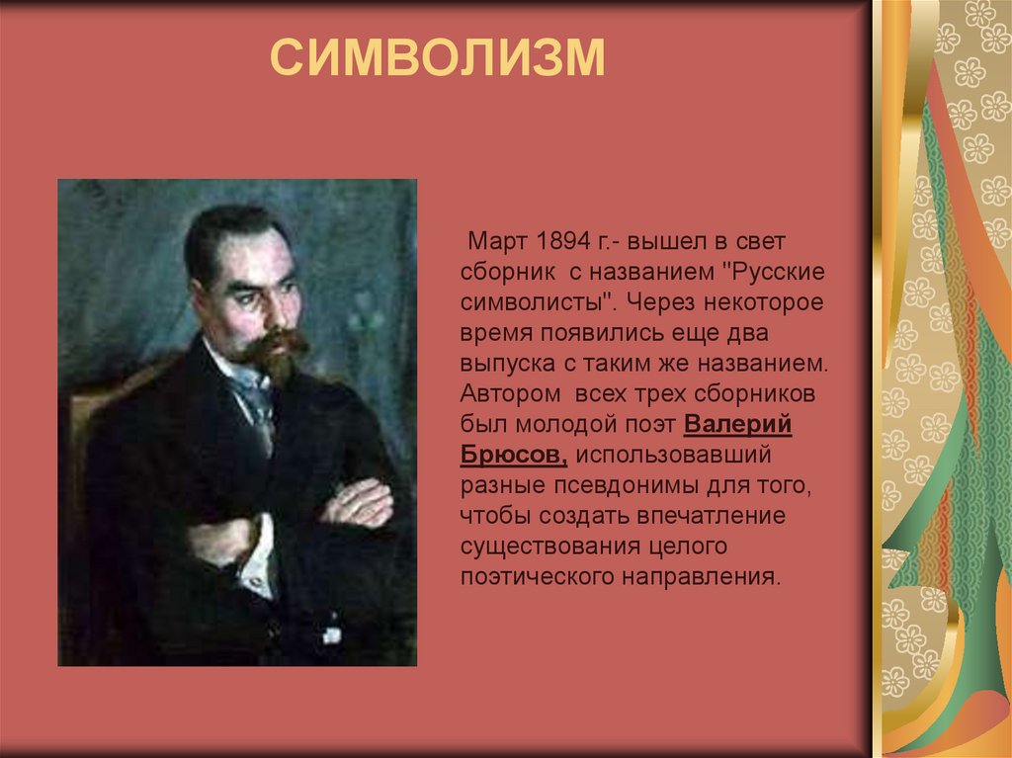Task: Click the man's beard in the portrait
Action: pos(274,356)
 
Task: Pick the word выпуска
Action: pos(503,364)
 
